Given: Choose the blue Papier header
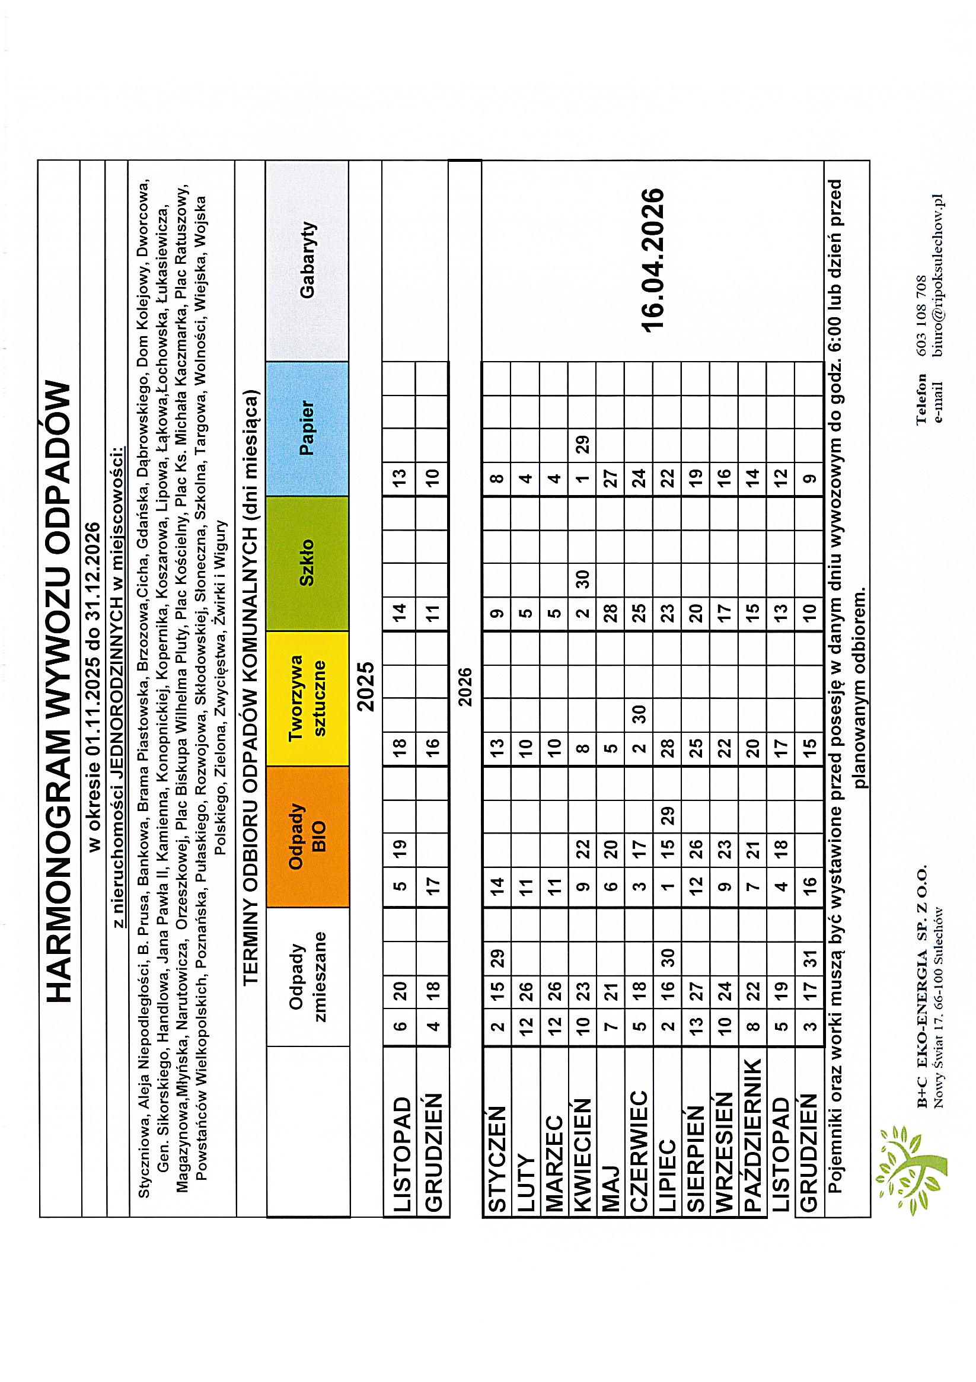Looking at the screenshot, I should click(x=308, y=428).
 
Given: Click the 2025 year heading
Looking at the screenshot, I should click(x=365, y=687).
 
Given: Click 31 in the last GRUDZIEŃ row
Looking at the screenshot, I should click(x=810, y=957).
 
